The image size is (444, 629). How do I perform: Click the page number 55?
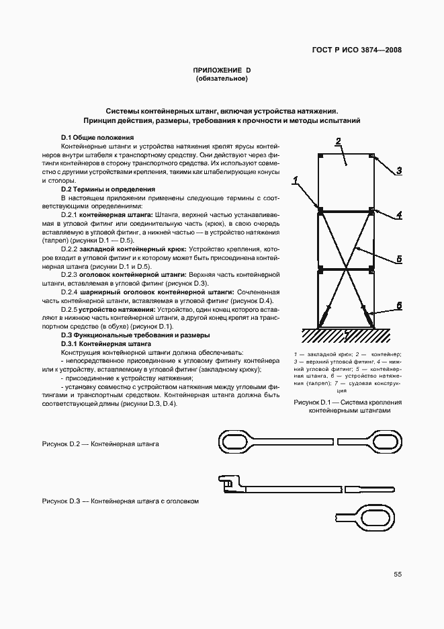tap(397, 574)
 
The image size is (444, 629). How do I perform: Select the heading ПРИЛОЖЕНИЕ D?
tap(222, 70)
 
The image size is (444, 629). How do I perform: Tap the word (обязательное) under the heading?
tap(222, 79)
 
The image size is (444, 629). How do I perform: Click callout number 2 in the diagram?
tap(339, 140)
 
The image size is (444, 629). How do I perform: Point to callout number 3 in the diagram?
tap(398, 171)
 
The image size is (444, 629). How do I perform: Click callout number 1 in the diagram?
tap(295, 180)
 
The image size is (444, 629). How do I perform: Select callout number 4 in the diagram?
tap(398, 215)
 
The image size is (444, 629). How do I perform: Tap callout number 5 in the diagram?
tap(398, 258)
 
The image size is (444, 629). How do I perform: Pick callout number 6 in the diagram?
tap(398, 306)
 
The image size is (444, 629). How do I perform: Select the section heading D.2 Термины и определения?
tap(108, 190)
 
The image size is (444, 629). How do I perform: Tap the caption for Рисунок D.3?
tap(120, 501)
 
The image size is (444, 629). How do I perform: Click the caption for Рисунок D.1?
tap(347, 407)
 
